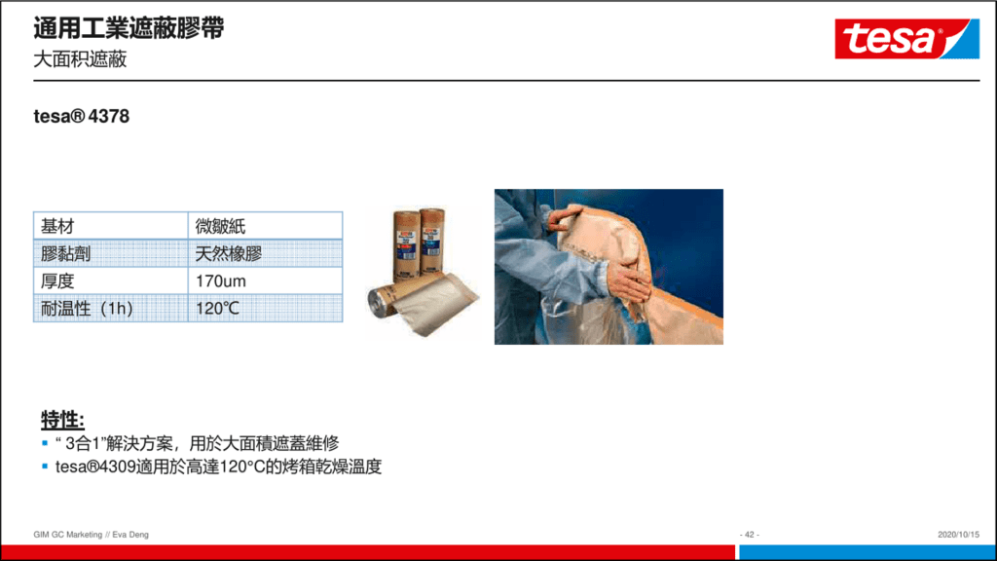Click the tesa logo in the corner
906,39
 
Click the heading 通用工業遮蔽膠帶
129,28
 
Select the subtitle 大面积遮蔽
80,59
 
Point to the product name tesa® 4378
82,117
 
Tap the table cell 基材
111,226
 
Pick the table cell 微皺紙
265,226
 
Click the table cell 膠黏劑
111,253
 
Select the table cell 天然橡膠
265,253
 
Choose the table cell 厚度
111,280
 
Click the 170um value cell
265,280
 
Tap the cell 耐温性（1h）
111,308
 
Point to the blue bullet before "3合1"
45,443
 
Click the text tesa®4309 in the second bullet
95,467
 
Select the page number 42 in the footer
750,535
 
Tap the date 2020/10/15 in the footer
958,535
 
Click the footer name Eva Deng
130,535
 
